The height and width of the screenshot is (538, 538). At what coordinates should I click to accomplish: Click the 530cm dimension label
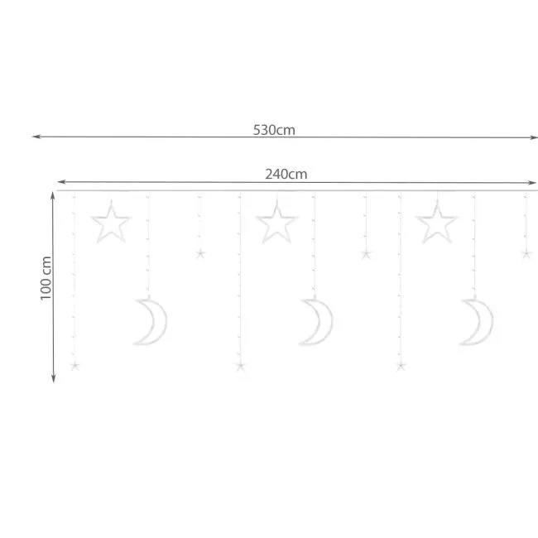274,130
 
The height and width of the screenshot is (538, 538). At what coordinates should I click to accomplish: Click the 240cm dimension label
286,175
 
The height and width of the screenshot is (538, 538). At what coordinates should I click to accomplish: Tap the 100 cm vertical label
46,278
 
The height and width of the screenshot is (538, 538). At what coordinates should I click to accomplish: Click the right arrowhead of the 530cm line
533,137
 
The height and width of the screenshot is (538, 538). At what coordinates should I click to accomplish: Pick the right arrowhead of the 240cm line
531,183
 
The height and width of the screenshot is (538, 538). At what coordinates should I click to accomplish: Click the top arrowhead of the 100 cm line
53,196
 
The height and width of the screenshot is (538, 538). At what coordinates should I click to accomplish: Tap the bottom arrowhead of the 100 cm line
53,377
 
